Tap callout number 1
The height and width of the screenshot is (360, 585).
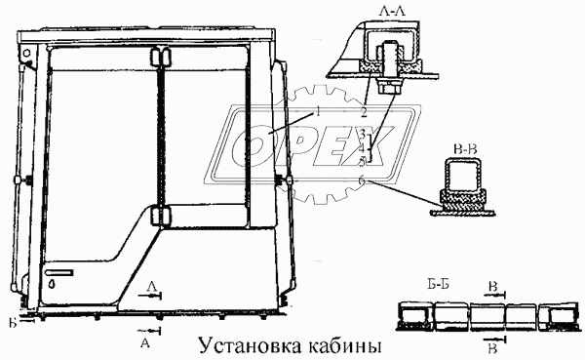319,113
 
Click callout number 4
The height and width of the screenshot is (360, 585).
361,147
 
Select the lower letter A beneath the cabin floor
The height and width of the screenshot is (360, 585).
145,343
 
